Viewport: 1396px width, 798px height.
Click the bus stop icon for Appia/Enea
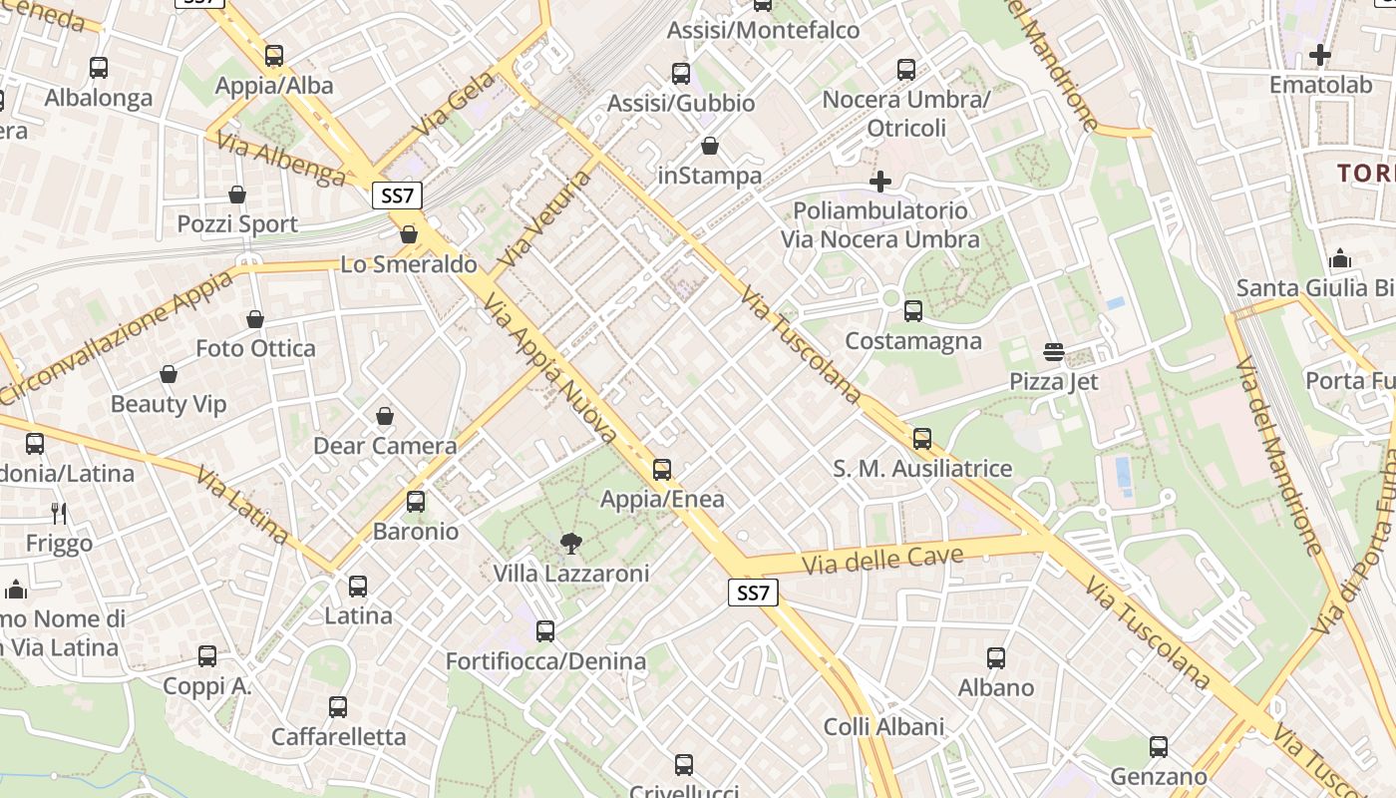[x=662, y=469]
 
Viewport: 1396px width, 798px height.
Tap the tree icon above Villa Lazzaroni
[x=571, y=544]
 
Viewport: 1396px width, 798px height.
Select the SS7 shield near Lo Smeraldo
[x=397, y=196]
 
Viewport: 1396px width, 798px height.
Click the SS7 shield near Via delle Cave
[x=753, y=594]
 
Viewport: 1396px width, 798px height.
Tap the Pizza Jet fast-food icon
[x=1054, y=352]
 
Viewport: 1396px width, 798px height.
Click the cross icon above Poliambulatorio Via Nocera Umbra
[x=879, y=181]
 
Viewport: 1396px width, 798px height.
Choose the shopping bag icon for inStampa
[x=710, y=147]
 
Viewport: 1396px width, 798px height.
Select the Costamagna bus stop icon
[x=912, y=311]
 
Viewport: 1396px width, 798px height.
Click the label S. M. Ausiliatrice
[x=922, y=469]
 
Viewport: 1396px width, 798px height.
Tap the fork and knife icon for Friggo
[x=59, y=514]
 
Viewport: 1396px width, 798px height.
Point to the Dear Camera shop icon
[x=385, y=416]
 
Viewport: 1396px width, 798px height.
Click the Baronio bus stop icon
[x=416, y=502]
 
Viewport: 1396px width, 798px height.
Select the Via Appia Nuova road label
[x=550, y=367]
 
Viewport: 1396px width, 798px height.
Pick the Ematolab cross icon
[x=1320, y=55]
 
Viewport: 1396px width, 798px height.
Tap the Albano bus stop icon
[x=996, y=658]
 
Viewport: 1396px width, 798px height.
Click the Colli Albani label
[x=883, y=727]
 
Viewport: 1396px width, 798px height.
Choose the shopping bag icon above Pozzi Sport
[x=237, y=194]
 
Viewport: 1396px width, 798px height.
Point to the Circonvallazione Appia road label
[x=118, y=336]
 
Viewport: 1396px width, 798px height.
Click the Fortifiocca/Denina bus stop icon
[x=544, y=631]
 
